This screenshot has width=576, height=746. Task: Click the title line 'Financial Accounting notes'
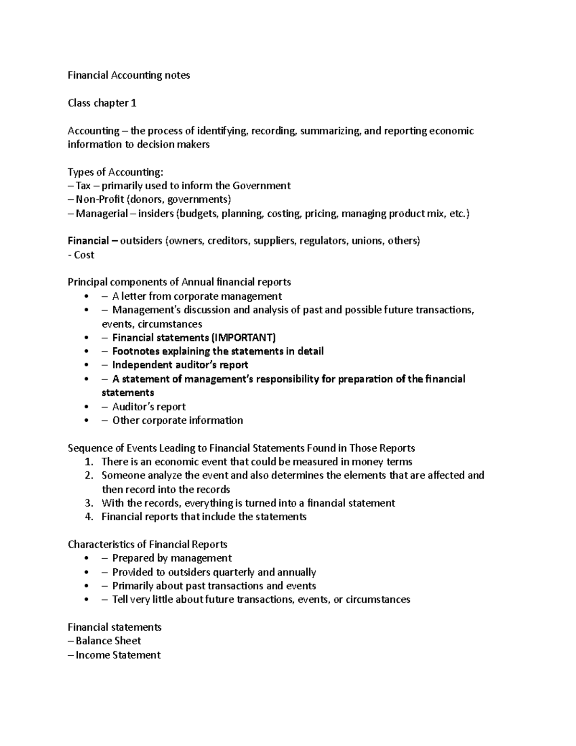pyautogui.click(x=129, y=75)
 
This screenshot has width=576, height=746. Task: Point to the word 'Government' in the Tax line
pyautogui.click(x=262, y=186)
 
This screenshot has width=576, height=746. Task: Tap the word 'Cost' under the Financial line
pyautogui.click(x=84, y=255)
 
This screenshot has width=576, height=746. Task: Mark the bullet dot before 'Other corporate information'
pyautogui.click(x=86, y=421)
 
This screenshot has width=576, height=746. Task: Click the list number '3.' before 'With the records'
pyautogui.click(x=88, y=503)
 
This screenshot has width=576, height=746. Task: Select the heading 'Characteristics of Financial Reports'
pyautogui.click(x=147, y=545)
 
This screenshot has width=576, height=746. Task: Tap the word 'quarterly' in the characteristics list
pyautogui.click(x=234, y=573)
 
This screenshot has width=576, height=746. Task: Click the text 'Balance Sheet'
pyautogui.click(x=108, y=641)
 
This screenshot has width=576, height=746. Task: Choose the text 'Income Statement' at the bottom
pyautogui.click(x=118, y=655)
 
